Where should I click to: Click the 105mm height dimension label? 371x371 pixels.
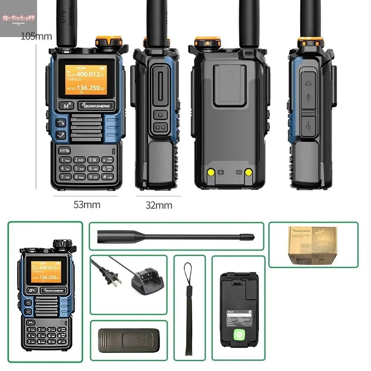tap(36, 36)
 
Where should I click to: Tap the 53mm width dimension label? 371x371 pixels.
tap(86, 204)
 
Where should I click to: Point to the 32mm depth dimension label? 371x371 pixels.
tap(158, 205)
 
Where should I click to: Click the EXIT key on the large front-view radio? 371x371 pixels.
tap(63, 150)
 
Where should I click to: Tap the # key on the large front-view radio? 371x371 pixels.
tap(105, 177)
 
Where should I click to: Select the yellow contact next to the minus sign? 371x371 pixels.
tap(248, 172)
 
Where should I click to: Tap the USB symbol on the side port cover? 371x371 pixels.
tap(308, 126)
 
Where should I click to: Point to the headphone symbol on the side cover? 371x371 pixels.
tap(308, 84)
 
